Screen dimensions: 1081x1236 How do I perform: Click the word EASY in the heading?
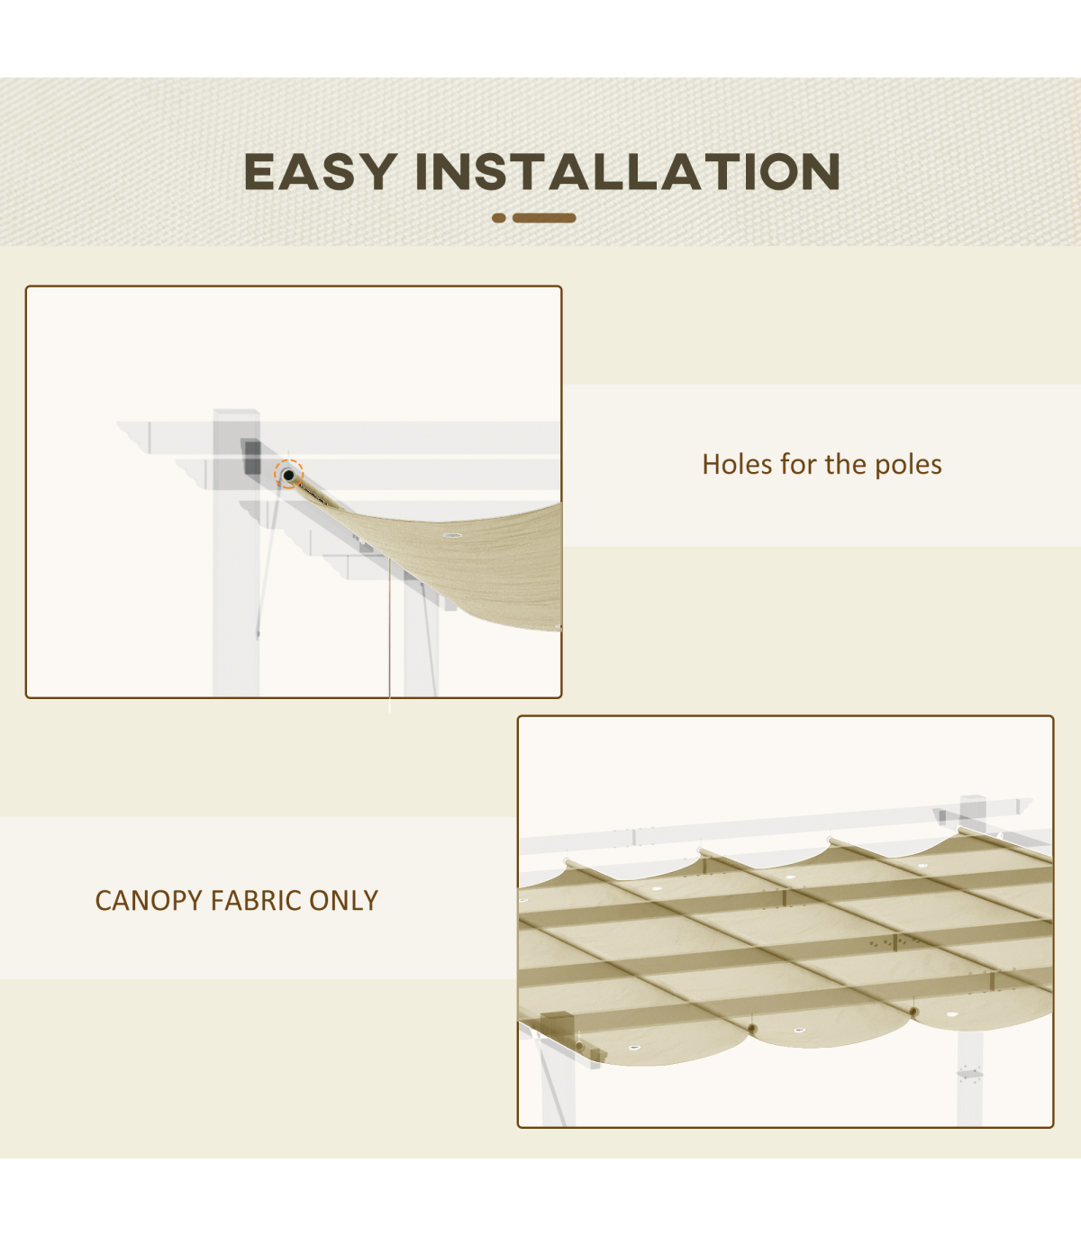point(321,171)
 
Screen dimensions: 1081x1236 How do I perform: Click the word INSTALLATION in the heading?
point(628,171)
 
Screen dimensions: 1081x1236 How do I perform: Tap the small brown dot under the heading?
point(499,217)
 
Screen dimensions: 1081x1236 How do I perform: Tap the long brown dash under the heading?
point(544,217)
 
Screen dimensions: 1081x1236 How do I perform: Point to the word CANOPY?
point(149,901)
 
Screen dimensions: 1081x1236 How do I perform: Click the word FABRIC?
point(257,901)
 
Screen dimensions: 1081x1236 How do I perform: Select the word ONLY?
point(343,901)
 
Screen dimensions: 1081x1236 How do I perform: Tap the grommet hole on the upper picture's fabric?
point(452,536)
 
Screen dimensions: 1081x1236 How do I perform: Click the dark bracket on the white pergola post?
point(252,458)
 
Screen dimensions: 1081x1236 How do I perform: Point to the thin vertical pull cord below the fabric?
point(389,634)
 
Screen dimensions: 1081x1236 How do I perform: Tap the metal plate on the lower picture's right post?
point(969,1074)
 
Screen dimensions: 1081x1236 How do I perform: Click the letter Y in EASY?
point(378,171)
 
